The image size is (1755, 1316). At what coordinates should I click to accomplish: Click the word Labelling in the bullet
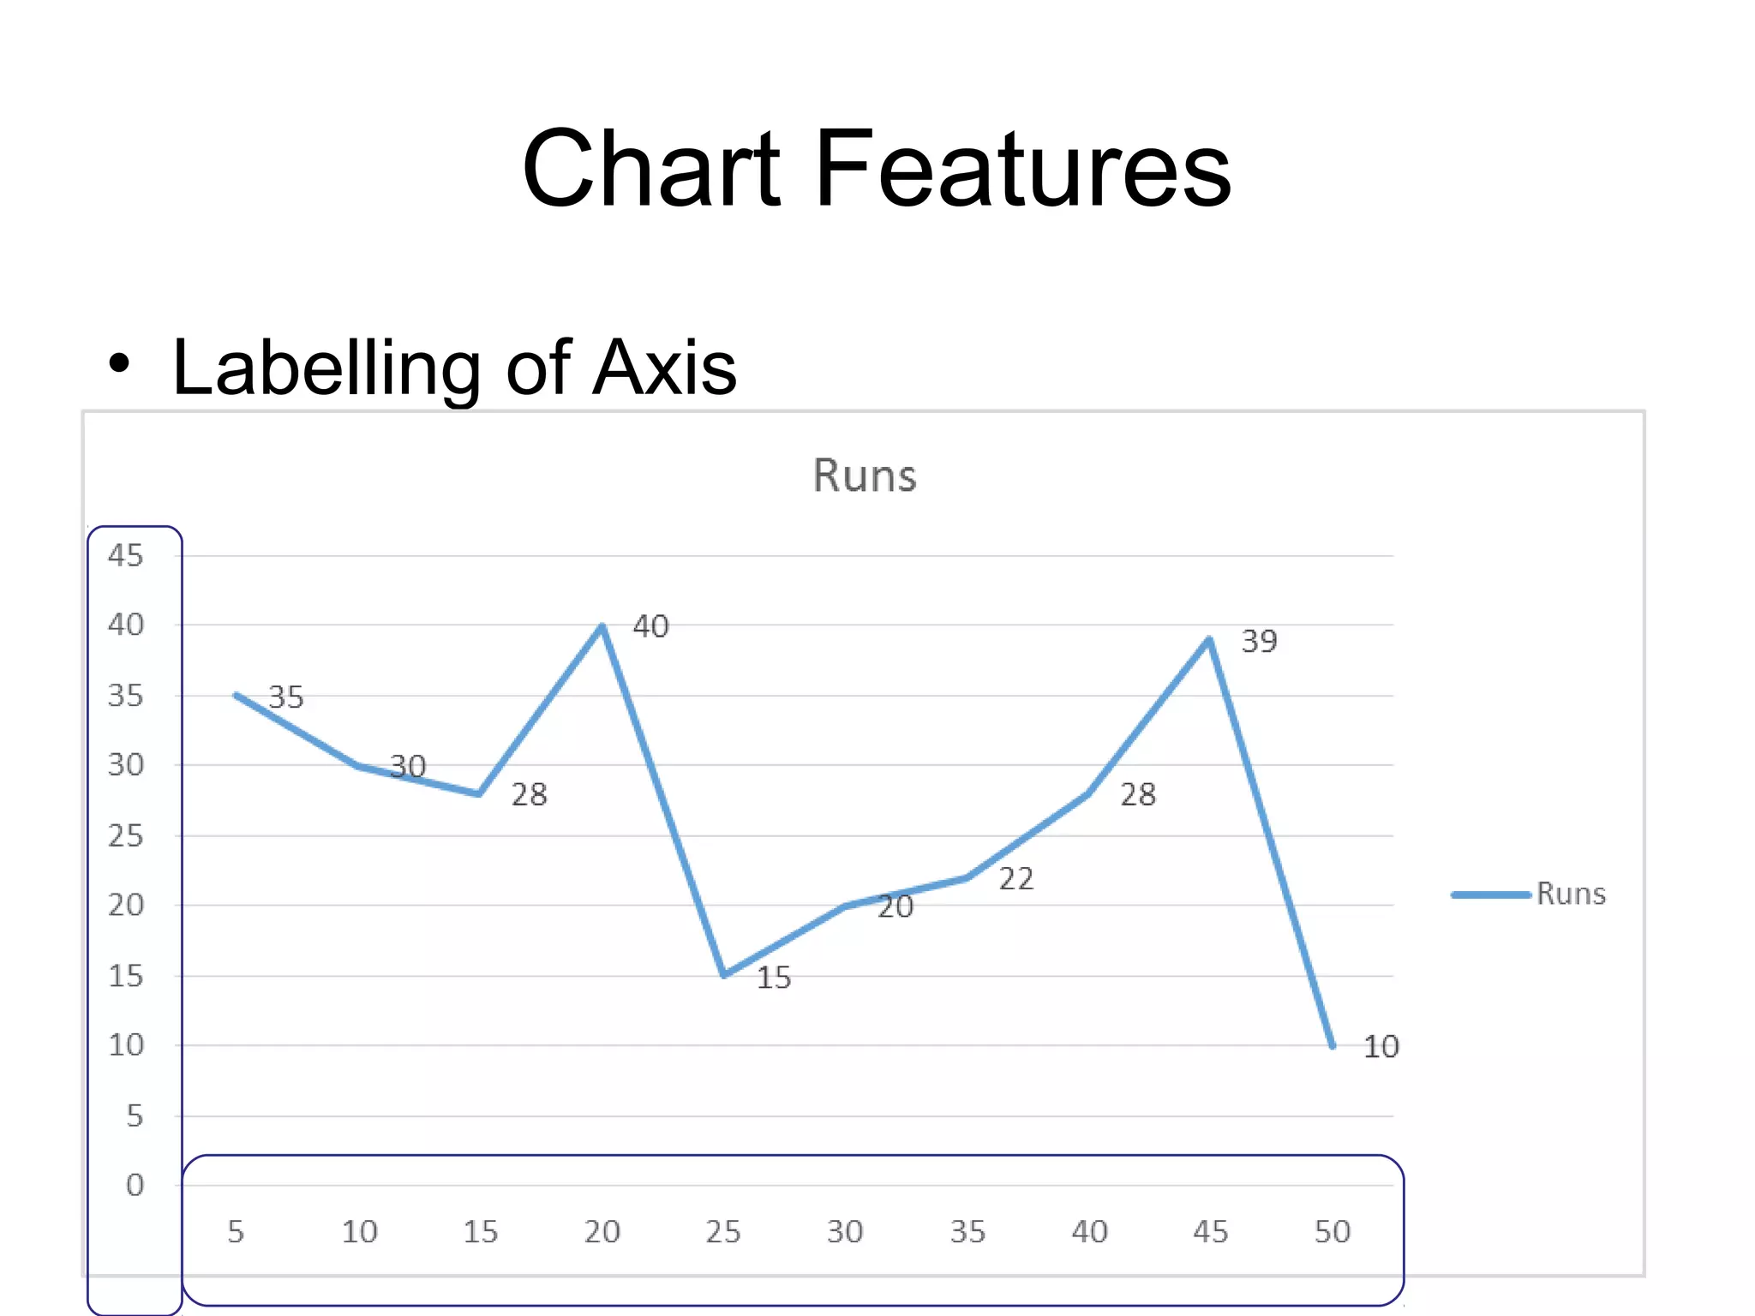[x=326, y=368]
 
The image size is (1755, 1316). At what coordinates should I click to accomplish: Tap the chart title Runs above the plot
[x=864, y=476]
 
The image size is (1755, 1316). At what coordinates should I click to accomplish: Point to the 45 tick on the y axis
[x=125, y=555]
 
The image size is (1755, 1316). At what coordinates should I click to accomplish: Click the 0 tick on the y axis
[x=135, y=1185]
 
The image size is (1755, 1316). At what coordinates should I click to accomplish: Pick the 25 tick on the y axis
[x=125, y=835]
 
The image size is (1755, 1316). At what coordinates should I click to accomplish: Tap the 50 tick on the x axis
[x=1332, y=1231]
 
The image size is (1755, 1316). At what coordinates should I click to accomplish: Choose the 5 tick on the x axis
[x=236, y=1231]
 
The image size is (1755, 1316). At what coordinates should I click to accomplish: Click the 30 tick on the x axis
[x=845, y=1231]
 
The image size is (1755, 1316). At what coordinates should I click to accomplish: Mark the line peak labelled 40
[x=602, y=626]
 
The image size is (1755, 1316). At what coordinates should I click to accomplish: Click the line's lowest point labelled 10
[x=1332, y=1045]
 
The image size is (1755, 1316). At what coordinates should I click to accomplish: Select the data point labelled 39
[x=1209, y=639]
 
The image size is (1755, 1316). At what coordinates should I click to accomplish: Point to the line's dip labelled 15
[x=724, y=975]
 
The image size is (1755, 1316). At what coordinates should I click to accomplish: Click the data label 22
[x=1016, y=878]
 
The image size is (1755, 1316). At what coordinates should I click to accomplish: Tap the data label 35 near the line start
[x=286, y=697]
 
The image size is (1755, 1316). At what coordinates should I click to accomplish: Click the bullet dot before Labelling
[x=120, y=364]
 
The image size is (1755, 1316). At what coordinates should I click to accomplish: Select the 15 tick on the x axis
[x=480, y=1231]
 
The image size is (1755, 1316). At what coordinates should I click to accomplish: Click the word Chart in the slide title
[x=651, y=168]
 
